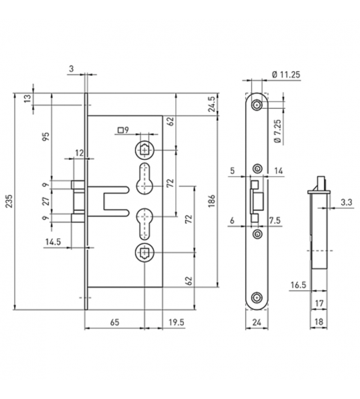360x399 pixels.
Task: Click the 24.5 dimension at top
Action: (210, 105)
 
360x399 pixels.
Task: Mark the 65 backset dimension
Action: (114, 322)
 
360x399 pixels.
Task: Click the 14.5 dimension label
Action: (52, 241)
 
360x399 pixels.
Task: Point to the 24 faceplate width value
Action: (257, 322)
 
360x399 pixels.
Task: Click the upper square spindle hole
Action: (145, 149)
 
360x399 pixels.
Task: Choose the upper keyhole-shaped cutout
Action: (145, 177)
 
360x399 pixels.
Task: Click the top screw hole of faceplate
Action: (257, 105)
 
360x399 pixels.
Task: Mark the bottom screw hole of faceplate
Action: (257, 296)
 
